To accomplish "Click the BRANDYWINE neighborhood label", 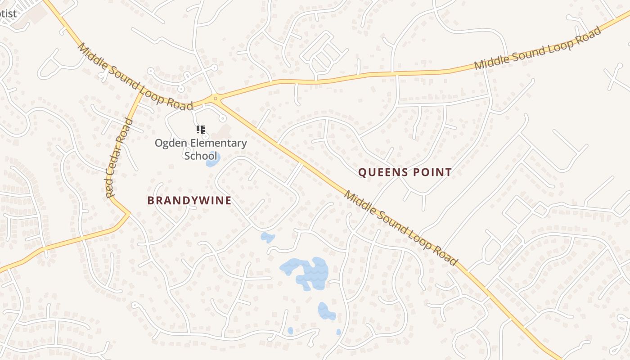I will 189,201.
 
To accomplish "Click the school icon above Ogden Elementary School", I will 201,130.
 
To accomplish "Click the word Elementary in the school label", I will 219,144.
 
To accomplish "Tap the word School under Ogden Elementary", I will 200,156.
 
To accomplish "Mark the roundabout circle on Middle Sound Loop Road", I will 216,98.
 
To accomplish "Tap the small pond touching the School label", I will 212,161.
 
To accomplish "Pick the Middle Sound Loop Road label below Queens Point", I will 400,228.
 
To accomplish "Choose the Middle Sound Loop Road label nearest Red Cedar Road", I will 135,77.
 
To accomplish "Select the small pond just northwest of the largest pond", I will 267,237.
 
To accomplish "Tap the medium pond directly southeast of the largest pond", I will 326,311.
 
